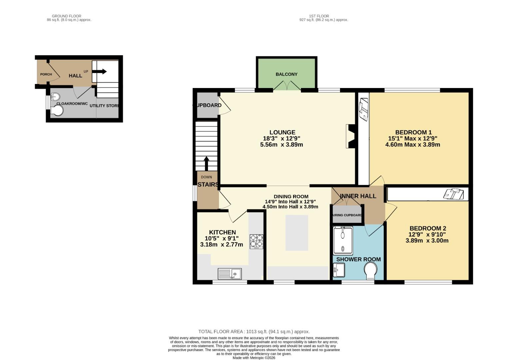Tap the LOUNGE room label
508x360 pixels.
click(x=282, y=132)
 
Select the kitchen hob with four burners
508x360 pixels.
click(x=256, y=242)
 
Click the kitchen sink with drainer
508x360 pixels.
click(x=230, y=274)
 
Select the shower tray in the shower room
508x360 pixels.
click(x=343, y=240)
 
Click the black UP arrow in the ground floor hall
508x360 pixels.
click(x=100, y=71)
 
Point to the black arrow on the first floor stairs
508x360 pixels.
click(x=206, y=163)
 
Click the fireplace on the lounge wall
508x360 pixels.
click(x=351, y=136)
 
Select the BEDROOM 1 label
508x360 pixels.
click(x=413, y=132)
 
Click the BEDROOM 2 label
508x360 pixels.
click(x=427, y=228)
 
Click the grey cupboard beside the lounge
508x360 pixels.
click(x=207, y=105)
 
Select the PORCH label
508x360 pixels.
click(x=46, y=74)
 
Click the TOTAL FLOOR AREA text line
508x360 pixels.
click(x=254, y=331)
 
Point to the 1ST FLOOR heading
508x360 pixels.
click(x=319, y=16)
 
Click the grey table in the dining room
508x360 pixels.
click(x=297, y=233)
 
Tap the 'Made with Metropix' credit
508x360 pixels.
click(x=254, y=358)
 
